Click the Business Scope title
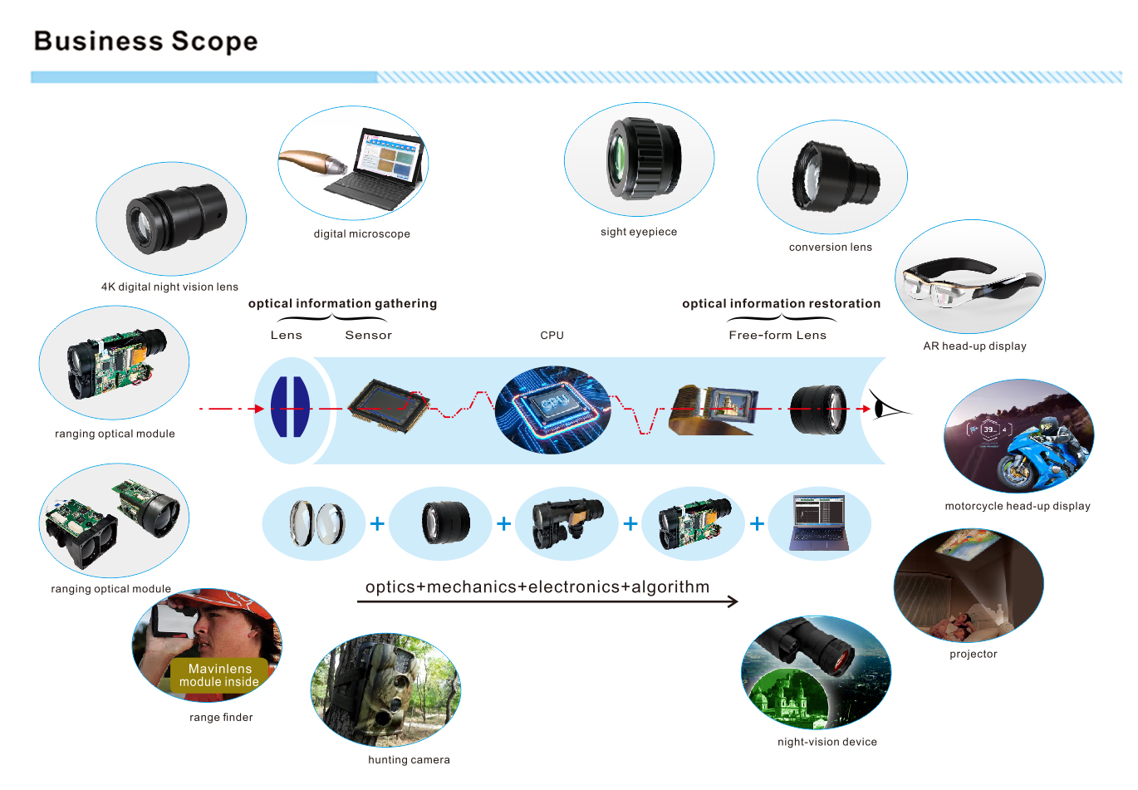click(x=145, y=42)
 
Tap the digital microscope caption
click(x=361, y=234)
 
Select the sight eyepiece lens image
click(x=639, y=159)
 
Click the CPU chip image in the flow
click(x=552, y=409)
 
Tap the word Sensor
click(x=368, y=336)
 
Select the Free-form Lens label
click(x=777, y=336)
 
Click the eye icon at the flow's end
click(x=886, y=409)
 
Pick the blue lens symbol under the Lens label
click(x=290, y=407)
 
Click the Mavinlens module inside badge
click(x=219, y=675)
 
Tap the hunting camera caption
click(x=409, y=760)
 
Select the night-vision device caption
click(x=827, y=742)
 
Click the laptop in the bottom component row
click(x=819, y=523)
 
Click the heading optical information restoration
click(x=781, y=304)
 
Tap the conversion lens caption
click(x=830, y=248)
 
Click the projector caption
click(x=973, y=655)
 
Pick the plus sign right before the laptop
click(x=757, y=524)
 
